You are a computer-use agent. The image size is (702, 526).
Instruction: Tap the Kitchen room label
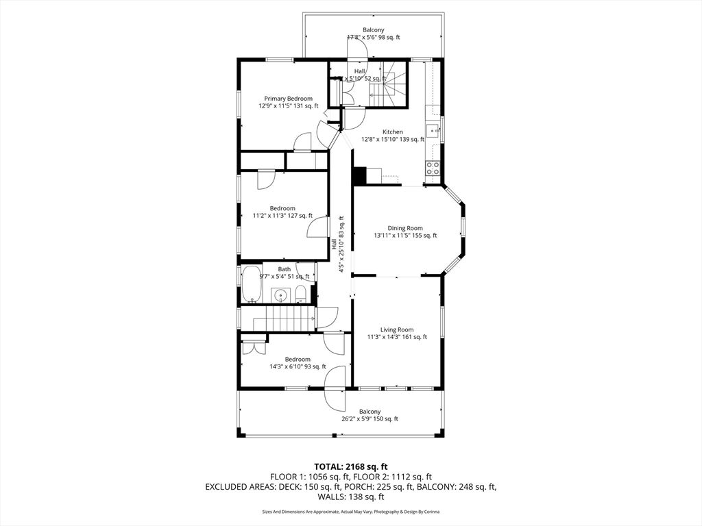[393, 131]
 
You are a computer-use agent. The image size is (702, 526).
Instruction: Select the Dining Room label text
[405, 228]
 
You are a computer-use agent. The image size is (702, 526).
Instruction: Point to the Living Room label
[397, 329]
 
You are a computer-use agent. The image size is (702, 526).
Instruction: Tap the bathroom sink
[279, 295]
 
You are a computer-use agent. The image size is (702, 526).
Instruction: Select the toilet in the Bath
[300, 295]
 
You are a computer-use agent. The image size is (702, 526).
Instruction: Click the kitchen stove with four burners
[433, 168]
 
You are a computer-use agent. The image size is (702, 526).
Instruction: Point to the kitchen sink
[434, 129]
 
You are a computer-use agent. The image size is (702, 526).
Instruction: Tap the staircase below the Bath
[278, 318]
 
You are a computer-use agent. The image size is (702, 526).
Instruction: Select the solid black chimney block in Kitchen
[359, 177]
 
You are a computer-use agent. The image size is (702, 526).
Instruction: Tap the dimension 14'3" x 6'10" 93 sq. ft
[298, 366]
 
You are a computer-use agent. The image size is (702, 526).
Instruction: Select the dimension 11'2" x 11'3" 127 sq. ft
[282, 216]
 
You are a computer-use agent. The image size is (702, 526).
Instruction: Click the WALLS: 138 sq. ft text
[350, 497]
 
